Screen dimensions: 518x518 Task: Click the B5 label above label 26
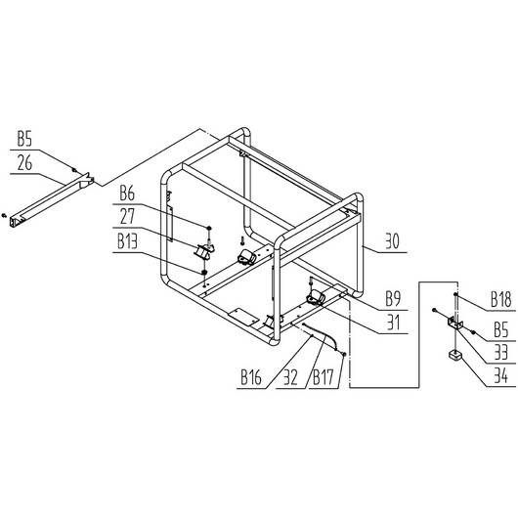24,139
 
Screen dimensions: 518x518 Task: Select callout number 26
24,163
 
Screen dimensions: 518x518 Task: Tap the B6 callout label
127,194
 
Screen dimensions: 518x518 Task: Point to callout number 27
127,217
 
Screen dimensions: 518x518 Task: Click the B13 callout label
127,241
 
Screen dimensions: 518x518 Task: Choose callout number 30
392,241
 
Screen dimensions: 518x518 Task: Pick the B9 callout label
393,299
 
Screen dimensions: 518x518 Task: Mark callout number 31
394,323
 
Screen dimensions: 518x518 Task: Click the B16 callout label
251,377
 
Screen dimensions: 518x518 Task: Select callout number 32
290,377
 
